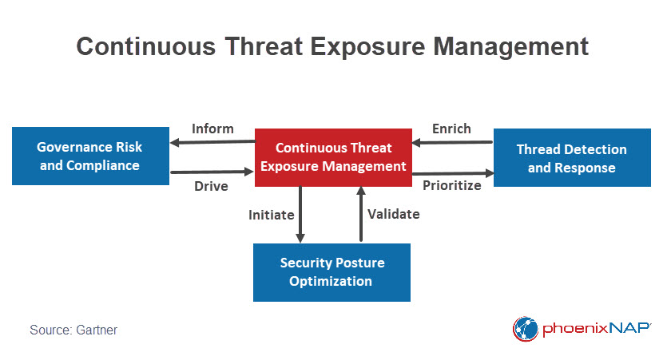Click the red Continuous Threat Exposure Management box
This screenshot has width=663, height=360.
click(x=333, y=157)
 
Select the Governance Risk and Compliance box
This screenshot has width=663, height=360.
click(x=90, y=156)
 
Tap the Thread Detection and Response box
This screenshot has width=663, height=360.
click(x=572, y=157)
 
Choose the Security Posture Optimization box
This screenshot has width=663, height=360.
click(x=331, y=272)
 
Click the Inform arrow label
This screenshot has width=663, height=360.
click(x=212, y=129)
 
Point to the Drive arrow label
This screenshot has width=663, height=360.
click(x=211, y=186)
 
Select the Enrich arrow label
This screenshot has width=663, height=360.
click(x=451, y=129)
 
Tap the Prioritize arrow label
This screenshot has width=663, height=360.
click(x=451, y=185)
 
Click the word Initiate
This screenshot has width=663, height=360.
click(x=271, y=215)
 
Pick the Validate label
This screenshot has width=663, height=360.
click(x=393, y=214)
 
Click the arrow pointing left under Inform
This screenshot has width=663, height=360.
click(x=212, y=142)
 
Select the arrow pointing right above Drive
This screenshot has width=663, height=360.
click(x=212, y=172)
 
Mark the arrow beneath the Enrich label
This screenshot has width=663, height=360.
click(x=452, y=142)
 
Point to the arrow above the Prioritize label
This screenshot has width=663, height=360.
click(x=453, y=173)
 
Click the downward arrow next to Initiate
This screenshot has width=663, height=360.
click(x=300, y=215)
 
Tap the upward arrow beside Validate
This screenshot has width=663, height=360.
click(x=361, y=214)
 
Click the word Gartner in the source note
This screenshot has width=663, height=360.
click(x=97, y=330)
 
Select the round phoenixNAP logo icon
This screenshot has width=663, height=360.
click(x=526, y=329)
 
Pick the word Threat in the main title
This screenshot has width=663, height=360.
click(x=264, y=46)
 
